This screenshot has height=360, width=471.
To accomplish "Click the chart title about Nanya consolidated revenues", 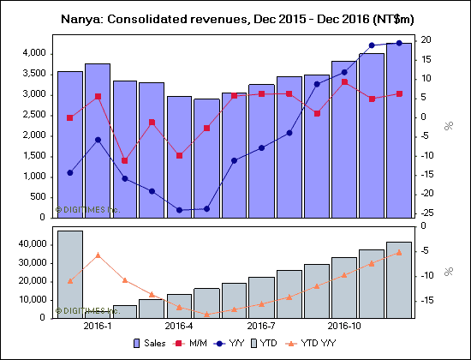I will (235, 18).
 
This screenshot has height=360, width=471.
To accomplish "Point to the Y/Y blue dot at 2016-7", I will (261, 147).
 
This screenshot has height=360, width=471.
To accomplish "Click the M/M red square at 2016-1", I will (98, 96).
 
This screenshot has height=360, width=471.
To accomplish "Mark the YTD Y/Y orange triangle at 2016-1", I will (98, 255).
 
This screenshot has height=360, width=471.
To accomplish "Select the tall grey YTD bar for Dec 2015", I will (70, 273).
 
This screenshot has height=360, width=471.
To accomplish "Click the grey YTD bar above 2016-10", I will (343, 287).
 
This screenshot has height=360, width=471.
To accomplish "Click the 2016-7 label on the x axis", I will (261, 326).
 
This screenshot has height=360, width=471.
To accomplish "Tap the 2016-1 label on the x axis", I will (98, 326).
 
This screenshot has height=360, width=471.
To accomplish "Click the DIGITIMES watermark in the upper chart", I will (88, 208).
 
